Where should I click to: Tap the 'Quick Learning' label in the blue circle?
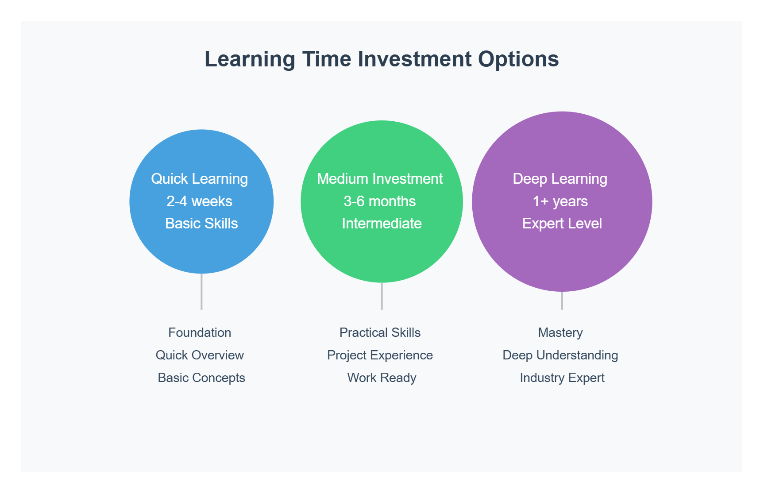pos(199,179)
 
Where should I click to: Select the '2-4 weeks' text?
pos(199,201)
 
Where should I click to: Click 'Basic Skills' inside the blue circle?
pos(201,224)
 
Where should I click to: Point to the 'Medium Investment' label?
pos(380,179)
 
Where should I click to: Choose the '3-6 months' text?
pos(380,201)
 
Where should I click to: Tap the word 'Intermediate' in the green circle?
pos(382,224)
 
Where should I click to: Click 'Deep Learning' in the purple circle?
pos(560,179)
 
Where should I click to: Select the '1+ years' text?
pos(560,201)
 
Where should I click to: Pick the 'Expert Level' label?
pos(562,224)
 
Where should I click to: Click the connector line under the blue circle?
pos(201,292)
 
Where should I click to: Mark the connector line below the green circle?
pos(382,296)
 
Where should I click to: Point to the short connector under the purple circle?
pos(562,301)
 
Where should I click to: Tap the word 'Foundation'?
pos(200,333)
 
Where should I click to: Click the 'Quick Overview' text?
pos(200,355)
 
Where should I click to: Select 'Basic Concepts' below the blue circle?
pos(201,378)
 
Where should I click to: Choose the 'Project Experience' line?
pos(380,355)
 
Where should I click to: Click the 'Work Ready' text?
pos(382,378)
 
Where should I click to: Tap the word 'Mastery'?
pos(560,333)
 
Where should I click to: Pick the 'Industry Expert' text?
pos(562,378)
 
